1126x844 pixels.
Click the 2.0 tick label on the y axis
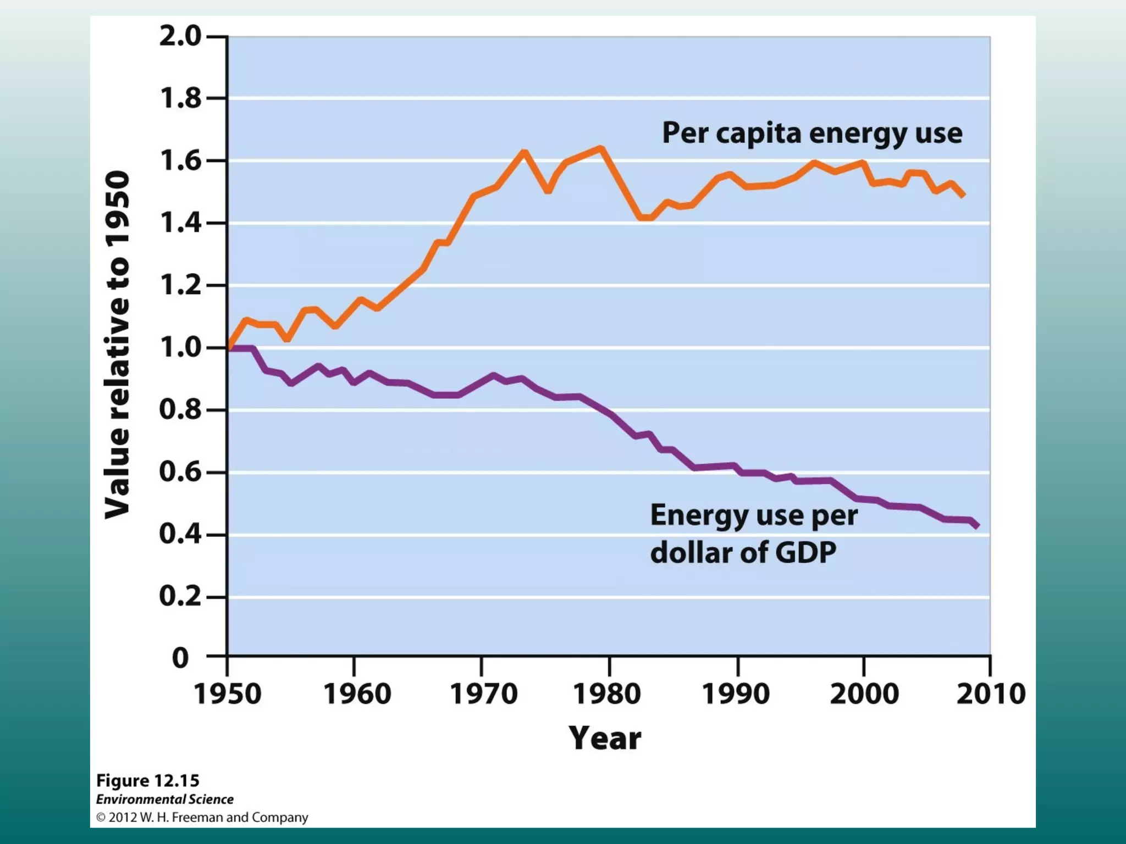tap(180, 37)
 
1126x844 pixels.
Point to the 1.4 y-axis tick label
tap(180, 223)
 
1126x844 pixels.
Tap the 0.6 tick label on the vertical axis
tap(180, 472)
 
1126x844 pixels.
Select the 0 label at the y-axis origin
tap(180, 658)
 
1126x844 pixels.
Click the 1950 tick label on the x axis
tap(228, 693)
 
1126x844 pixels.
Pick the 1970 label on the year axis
tap(483, 693)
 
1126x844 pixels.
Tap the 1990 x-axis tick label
tap(736, 693)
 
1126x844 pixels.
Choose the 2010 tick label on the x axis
tap(991, 693)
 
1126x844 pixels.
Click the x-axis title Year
tap(605, 738)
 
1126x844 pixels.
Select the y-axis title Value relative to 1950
tap(118, 345)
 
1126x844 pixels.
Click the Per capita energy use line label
tap(812, 134)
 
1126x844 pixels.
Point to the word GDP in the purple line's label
tap(805, 553)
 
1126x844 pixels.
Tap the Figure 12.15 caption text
tap(147, 780)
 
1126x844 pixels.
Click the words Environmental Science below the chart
tap(164, 799)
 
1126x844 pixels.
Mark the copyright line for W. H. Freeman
tap(202, 818)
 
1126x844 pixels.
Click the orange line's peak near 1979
tap(601, 148)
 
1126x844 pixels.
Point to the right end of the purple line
tap(977, 526)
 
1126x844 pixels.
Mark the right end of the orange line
tap(963, 195)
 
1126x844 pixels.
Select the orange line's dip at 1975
tap(548, 190)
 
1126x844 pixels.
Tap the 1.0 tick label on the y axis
tap(180, 347)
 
